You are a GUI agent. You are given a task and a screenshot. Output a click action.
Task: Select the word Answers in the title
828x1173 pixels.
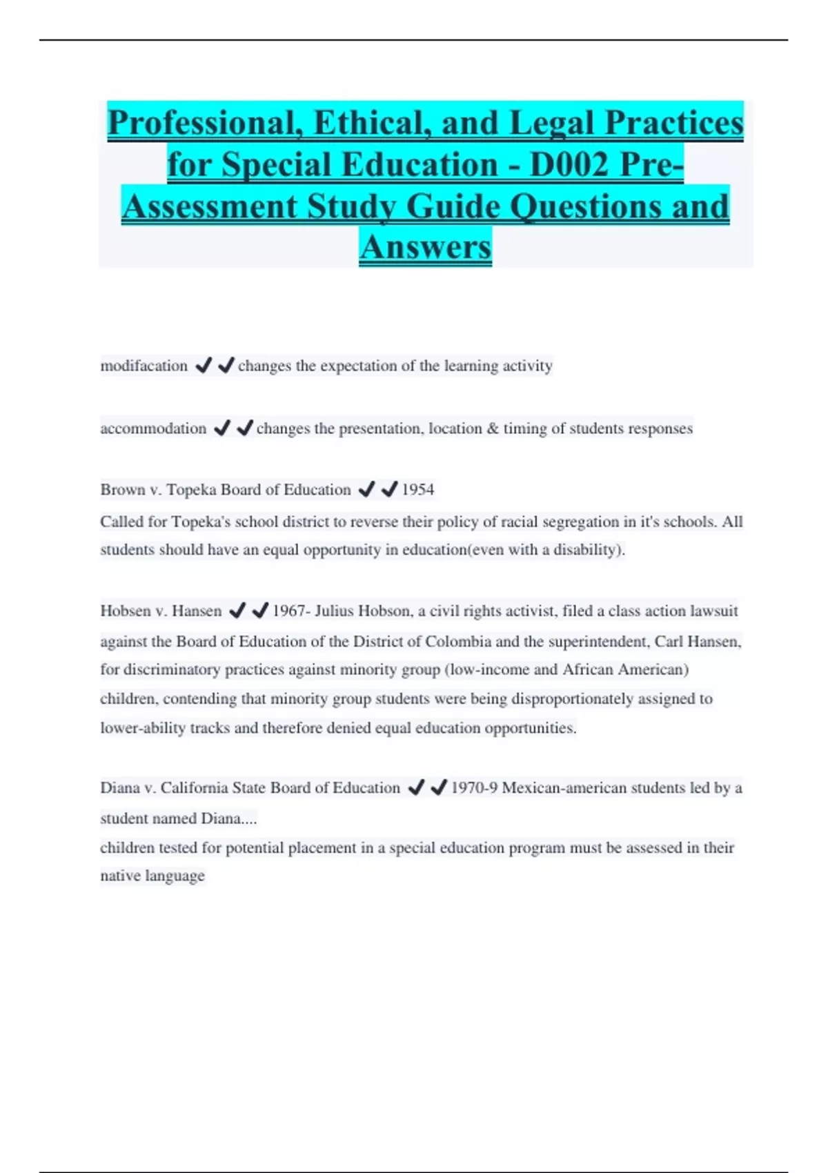coord(425,247)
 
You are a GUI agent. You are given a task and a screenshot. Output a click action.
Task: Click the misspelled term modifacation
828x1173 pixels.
coord(144,366)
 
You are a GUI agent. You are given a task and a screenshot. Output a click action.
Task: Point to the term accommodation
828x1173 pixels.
coord(153,428)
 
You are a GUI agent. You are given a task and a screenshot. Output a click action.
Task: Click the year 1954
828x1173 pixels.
coord(418,490)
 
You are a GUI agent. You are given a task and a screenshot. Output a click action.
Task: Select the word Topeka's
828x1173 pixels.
coord(201,522)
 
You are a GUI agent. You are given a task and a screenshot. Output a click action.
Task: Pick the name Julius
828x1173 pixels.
coord(337,611)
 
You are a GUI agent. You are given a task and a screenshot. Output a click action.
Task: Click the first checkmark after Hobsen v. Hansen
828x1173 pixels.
coord(237,611)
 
